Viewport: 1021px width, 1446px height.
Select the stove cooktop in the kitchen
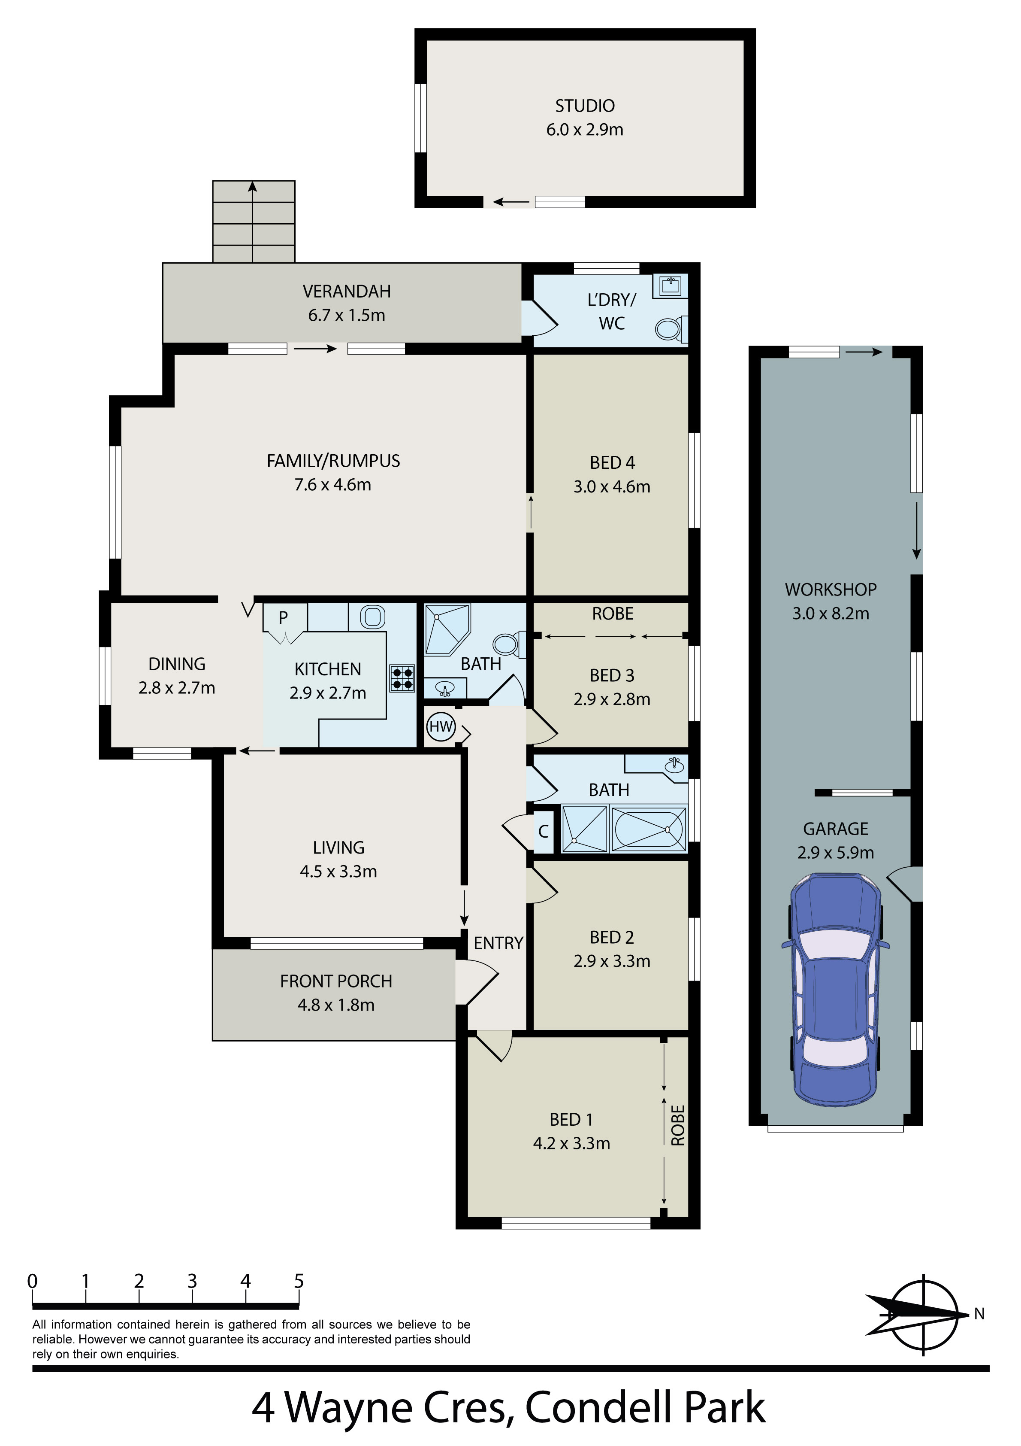coord(402,678)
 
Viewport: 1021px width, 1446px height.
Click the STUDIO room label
coord(585,106)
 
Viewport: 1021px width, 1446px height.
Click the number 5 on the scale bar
coord(299,1281)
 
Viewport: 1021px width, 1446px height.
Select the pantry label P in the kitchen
coord(283,617)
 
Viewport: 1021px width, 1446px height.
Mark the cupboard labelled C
coord(543,831)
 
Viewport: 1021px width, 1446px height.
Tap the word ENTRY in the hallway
coord(498,943)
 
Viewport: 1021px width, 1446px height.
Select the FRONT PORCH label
coord(336,981)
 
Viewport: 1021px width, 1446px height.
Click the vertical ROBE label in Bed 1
coord(678,1125)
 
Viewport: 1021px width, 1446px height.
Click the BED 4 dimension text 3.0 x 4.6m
coord(612,487)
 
